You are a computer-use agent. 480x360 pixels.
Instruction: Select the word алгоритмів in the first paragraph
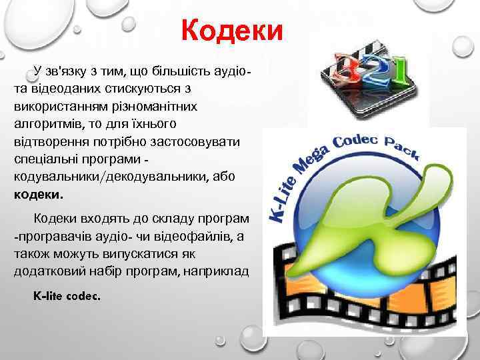click(x=43, y=125)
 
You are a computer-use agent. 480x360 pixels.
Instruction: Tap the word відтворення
click(x=47, y=143)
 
